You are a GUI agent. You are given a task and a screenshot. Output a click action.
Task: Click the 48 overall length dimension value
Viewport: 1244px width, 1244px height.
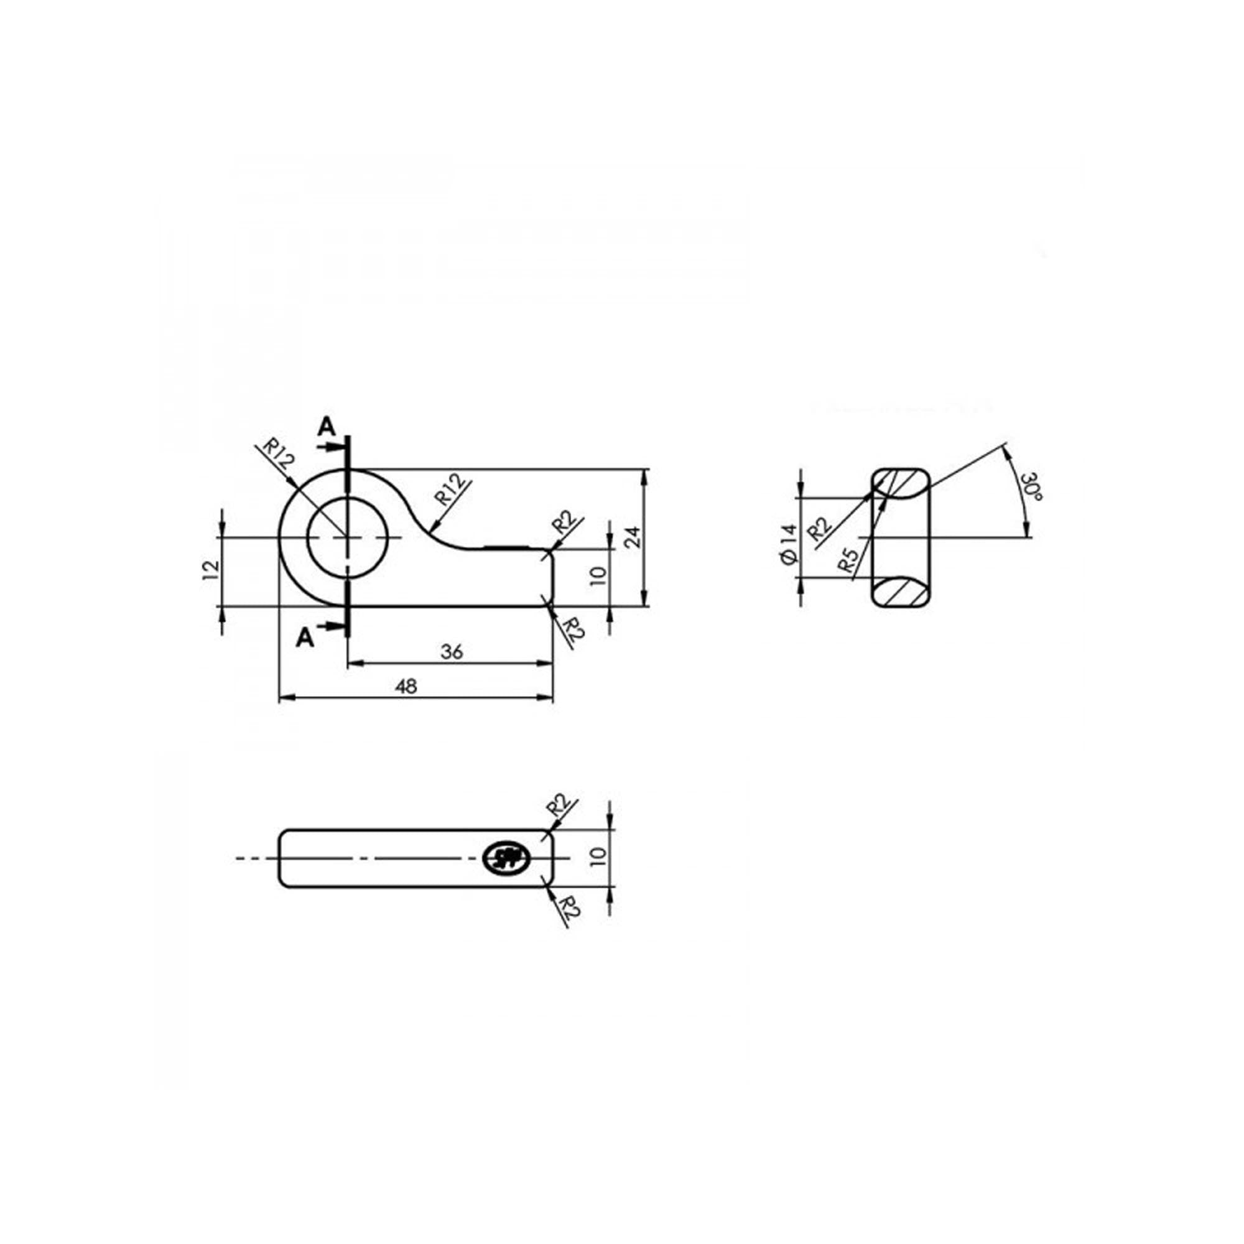[406, 687]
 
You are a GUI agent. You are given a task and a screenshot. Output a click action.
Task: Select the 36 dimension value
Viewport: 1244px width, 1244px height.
[452, 652]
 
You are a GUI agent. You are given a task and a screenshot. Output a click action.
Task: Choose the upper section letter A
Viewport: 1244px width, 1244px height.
[327, 426]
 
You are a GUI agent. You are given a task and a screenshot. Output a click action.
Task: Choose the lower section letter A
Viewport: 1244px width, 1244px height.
[306, 638]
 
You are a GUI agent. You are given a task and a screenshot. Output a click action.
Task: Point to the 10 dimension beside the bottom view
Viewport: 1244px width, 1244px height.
[598, 858]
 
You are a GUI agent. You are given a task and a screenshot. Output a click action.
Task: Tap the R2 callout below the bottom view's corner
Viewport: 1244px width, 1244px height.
[570, 907]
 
